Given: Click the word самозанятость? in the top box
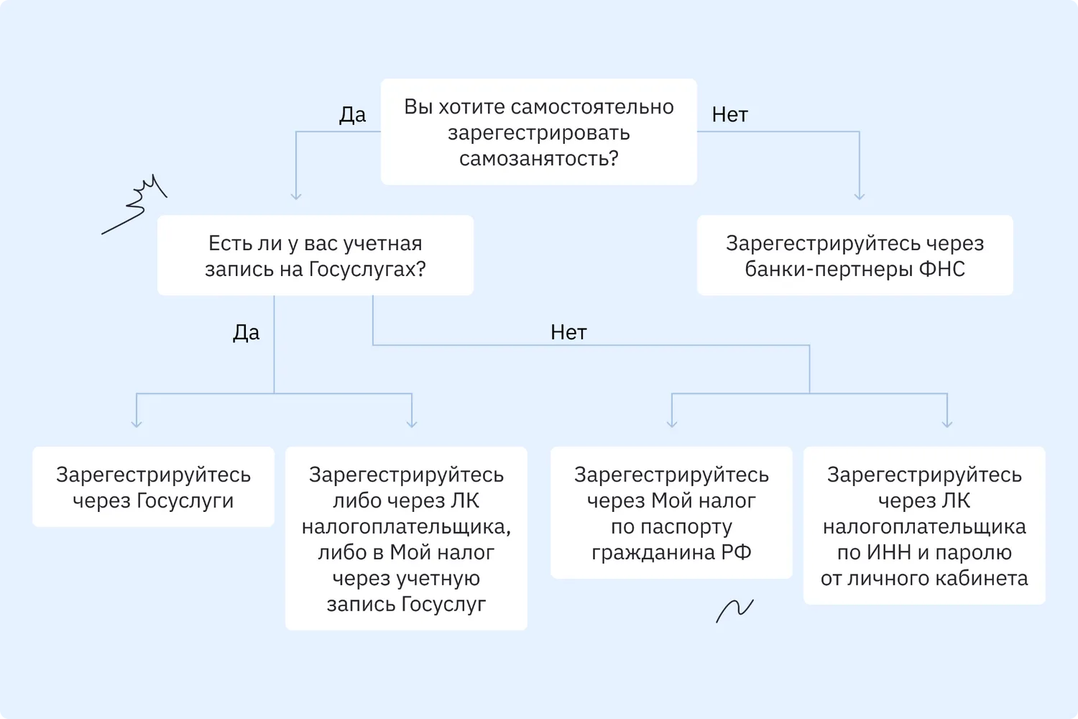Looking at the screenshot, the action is click(x=538, y=158).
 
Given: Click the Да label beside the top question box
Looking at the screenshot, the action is click(x=352, y=114).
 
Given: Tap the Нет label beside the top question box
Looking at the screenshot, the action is click(x=729, y=114).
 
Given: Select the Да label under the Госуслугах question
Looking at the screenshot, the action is click(x=246, y=332).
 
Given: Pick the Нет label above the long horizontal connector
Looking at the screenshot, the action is click(x=568, y=332).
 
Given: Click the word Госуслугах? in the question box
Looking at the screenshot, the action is click(x=367, y=269).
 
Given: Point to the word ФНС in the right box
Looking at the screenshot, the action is click(x=941, y=269).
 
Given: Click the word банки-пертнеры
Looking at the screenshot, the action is click(x=829, y=270).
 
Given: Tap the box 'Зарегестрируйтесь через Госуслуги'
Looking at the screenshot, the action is click(x=153, y=487).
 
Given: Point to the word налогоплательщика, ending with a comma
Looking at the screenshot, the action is click(x=406, y=527).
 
